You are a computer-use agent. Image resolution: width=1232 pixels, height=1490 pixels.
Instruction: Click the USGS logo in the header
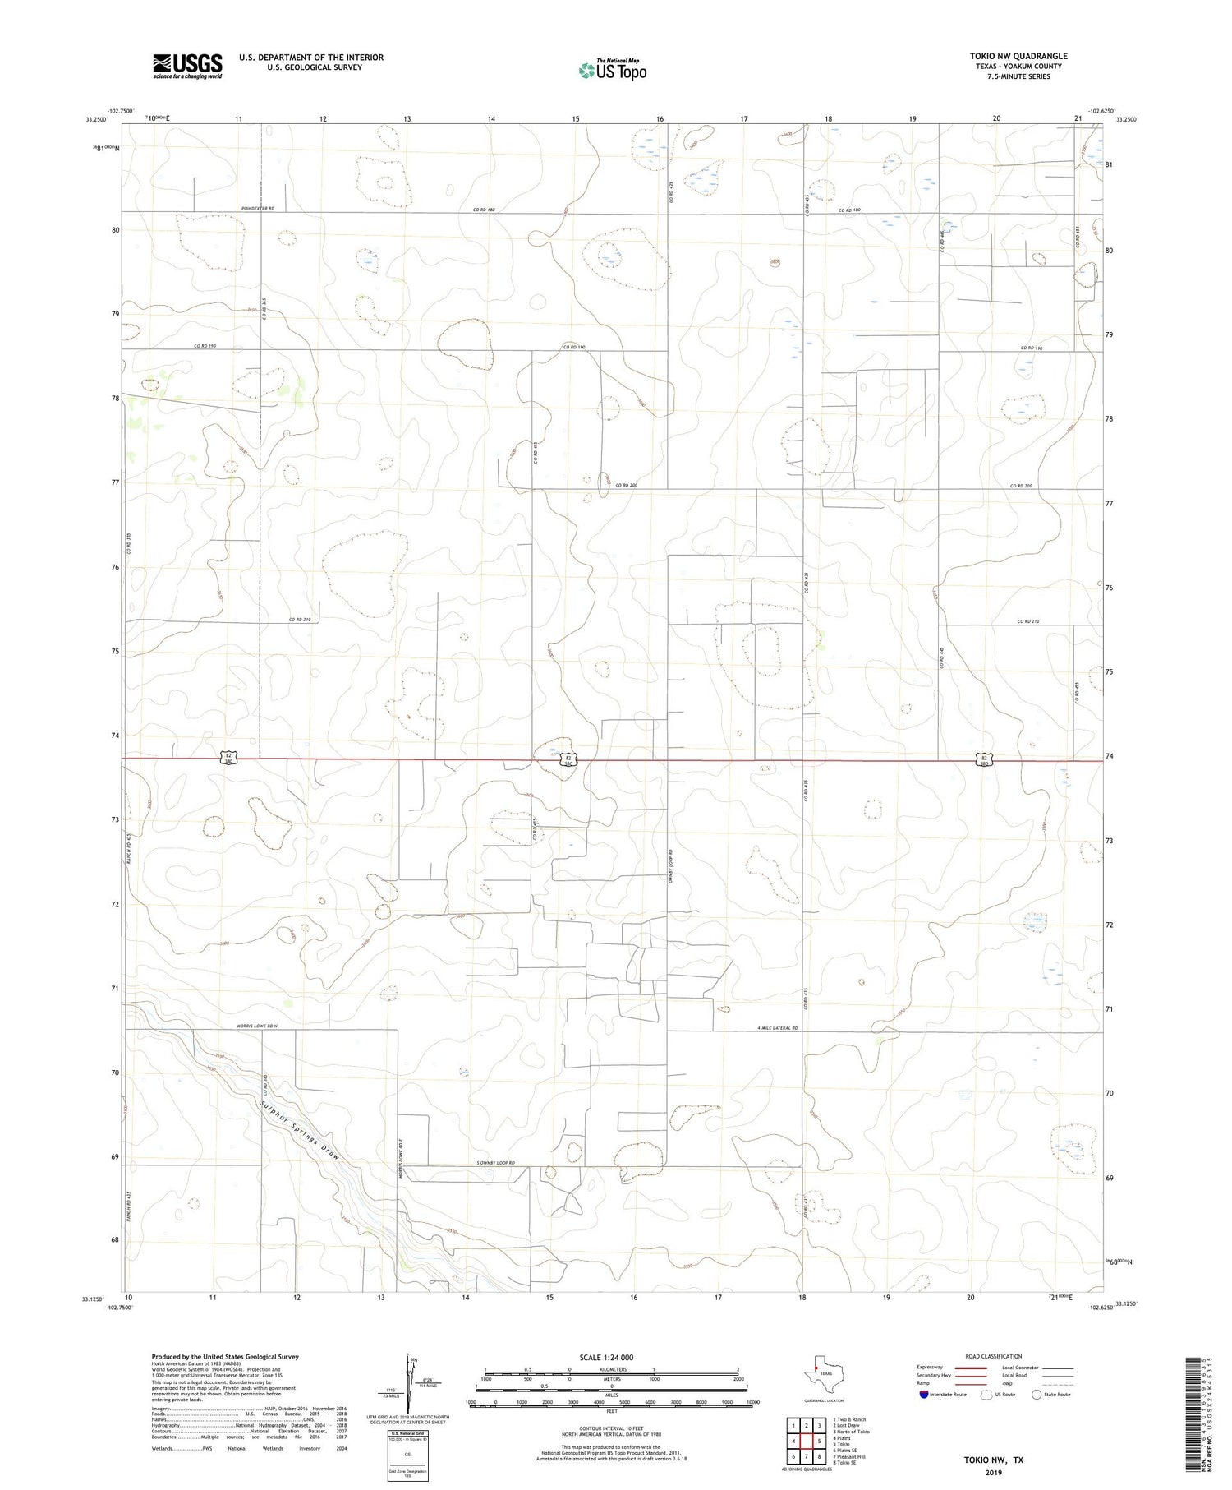[187, 66]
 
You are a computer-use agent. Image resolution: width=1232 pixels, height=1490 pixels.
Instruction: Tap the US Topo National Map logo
[612, 71]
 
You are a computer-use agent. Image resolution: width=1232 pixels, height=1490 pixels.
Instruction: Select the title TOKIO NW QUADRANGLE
[1018, 56]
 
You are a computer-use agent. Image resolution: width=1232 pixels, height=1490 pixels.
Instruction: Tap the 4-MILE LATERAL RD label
[777, 1028]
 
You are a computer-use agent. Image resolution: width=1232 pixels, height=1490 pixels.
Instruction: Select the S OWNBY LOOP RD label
[495, 1163]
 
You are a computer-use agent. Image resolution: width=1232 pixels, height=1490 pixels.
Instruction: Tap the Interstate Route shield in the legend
[924, 1395]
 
